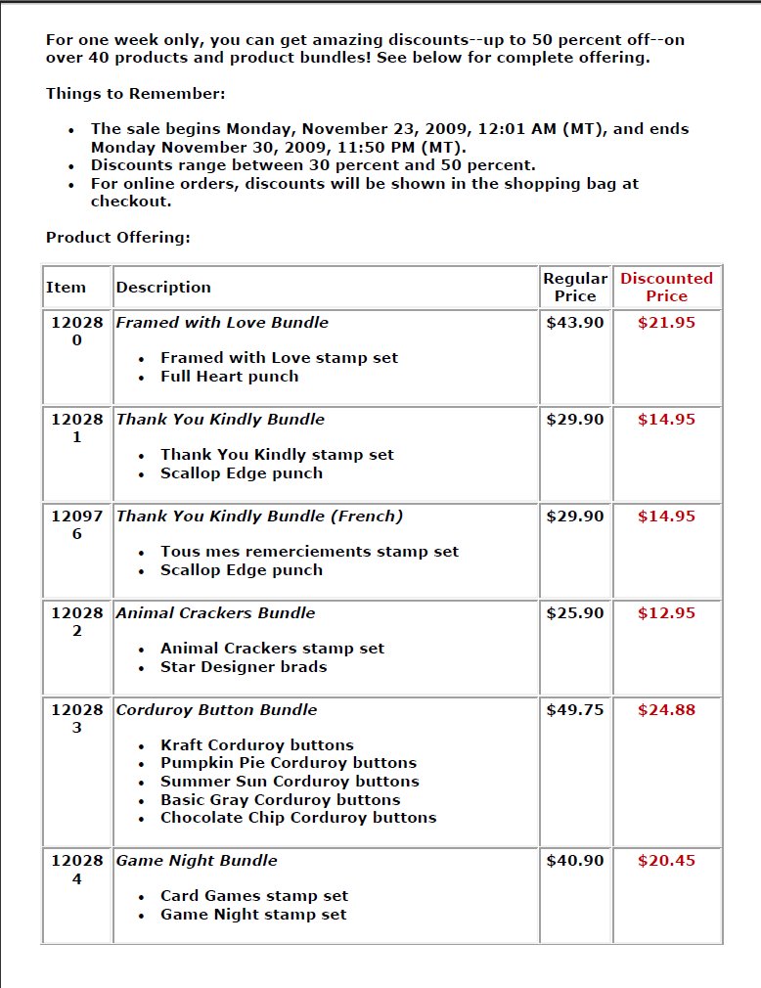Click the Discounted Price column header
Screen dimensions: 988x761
[x=666, y=287]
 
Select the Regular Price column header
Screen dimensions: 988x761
[x=575, y=287]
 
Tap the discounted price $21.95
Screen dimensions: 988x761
[x=666, y=323]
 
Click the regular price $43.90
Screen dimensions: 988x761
[x=575, y=323]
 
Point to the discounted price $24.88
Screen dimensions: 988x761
[x=666, y=710]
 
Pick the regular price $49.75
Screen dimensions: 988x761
[x=575, y=710]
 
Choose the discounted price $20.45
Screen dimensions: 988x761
[x=666, y=861]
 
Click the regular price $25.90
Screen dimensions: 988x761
[x=575, y=613]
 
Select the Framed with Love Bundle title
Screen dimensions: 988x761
[x=222, y=323]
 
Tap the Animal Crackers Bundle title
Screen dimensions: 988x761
[x=215, y=613]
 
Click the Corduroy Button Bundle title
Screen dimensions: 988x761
[x=216, y=710]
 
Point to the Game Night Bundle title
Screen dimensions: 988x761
[x=197, y=861]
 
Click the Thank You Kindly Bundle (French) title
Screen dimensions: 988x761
[x=259, y=516]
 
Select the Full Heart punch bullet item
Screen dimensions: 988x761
[x=230, y=377]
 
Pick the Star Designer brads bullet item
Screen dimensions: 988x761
[x=244, y=667]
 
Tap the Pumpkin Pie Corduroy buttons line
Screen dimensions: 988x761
[x=289, y=763]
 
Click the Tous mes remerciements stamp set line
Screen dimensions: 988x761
[x=309, y=552]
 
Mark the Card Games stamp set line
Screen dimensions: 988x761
[x=254, y=896]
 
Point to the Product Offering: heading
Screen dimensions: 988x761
[x=118, y=238]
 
